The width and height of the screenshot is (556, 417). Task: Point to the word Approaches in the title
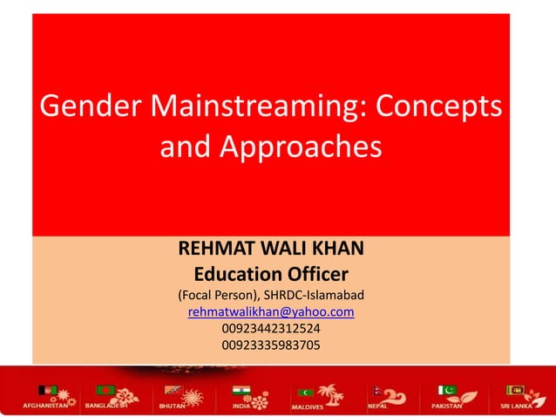click(300, 147)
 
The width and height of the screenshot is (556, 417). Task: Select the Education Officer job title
click(270, 274)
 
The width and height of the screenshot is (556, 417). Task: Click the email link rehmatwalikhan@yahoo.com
click(270, 312)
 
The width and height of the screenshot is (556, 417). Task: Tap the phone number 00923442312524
click(270, 329)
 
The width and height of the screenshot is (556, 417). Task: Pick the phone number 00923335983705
click(270, 345)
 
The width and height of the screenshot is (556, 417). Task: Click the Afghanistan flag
click(46, 390)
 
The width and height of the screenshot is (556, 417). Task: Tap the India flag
click(241, 390)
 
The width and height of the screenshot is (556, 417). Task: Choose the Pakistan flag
click(447, 390)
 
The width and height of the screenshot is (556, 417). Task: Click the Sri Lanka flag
click(515, 390)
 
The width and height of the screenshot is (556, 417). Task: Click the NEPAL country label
click(377, 406)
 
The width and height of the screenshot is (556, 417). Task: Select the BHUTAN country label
click(172, 406)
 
